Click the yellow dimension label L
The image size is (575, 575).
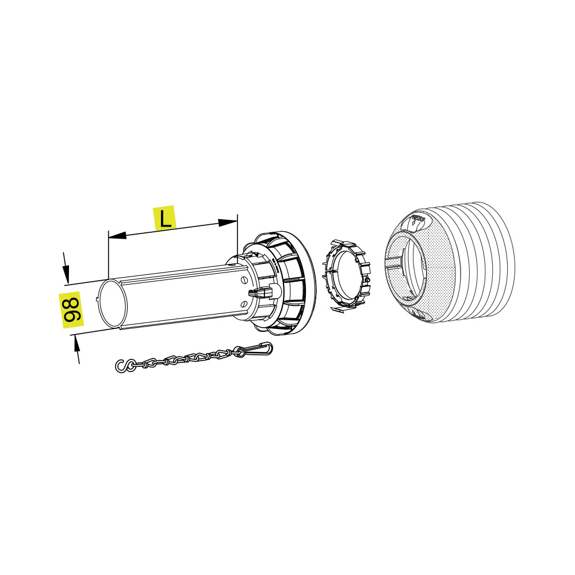point(164,218)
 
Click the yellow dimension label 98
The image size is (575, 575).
point(71,309)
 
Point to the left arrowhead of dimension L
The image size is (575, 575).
point(117,235)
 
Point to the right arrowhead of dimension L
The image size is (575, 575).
point(228,222)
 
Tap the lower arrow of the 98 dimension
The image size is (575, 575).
point(77,349)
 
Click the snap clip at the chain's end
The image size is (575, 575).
point(259,348)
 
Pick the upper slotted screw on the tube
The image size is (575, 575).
point(244,281)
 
